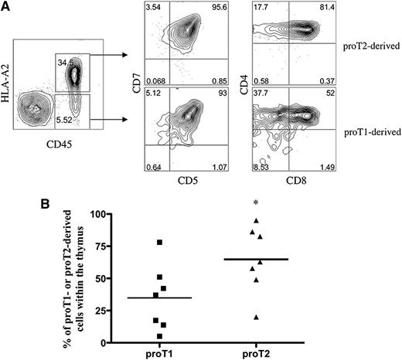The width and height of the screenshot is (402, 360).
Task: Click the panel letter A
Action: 6,7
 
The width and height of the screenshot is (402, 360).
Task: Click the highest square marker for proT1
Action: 158,243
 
